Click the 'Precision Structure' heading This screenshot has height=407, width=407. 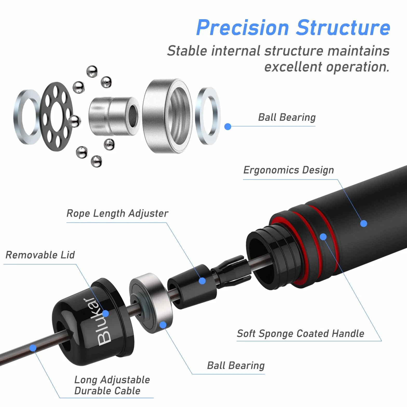(x=293, y=28)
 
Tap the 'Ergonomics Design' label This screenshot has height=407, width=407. (x=289, y=170)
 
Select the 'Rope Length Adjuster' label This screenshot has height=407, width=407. (x=117, y=213)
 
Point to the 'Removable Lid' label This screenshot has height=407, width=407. (x=40, y=255)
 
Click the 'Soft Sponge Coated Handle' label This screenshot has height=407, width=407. (x=301, y=334)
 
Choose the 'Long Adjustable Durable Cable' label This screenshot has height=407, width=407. (x=112, y=385)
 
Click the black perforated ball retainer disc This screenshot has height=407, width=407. (x=57, y=117)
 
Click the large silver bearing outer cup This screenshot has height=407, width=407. (x=167, y=116)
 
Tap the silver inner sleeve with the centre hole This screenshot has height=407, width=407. (x=114, y=116)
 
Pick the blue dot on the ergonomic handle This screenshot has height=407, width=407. (x=364, y=223)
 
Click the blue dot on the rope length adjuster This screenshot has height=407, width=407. (x=202, y=281)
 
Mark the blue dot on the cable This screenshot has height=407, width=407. (x=33, y=348)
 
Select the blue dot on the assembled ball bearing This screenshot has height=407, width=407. (x=163, y=325)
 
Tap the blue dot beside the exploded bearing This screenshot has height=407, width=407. (x=228, y=127)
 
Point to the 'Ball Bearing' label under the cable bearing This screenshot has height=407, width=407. (x=236, y=366)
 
